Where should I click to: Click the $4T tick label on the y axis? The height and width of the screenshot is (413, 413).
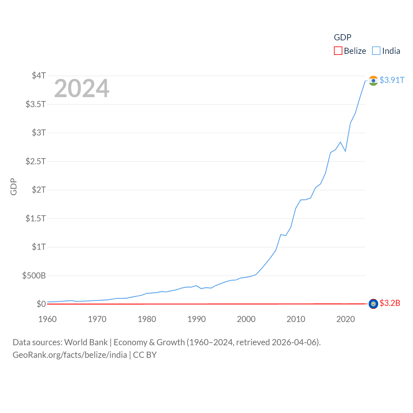pyautogui.click(x=39, y=76)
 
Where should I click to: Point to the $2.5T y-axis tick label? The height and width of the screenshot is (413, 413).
pyautogui.click(x=35, y=161)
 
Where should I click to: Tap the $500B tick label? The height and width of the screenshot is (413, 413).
pyautogui.click(x=34, y=276)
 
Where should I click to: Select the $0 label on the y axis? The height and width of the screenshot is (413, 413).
pyautogui.click(x=41, y=304)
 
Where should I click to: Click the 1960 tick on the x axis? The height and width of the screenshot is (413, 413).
pyautogui.click(x=47, y=319)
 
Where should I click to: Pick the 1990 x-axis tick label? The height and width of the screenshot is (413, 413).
pyautogui.click(x=196, y=319)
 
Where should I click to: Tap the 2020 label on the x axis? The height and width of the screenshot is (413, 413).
pyautogui.click(x=346, y=319)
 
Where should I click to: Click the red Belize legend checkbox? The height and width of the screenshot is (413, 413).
pyautogui.click(x=338, y=51)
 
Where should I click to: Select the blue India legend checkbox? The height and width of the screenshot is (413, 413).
pyautogui.click(x=376, y=51)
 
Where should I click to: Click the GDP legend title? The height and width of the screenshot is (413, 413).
pyautogui.click(x=342, y=37)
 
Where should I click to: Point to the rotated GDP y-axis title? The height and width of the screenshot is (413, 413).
pyautogui.click(x=14, y=186)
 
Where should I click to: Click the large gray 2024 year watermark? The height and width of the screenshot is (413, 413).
pyautogui.click(x=82, y=88)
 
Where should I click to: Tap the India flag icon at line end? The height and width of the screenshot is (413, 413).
pyautogui.click(x=373, y=81)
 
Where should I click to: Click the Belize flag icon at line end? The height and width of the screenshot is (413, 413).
pyautogui.click(x=373, y=304)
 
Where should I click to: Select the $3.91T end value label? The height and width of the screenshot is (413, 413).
pyautogui.click(x=392, y=80)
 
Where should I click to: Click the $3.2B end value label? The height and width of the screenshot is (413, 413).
pyautogui.click(x=390, y=303)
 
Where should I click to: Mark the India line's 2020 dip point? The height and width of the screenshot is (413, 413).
pyautogui.click(x=345, y=151)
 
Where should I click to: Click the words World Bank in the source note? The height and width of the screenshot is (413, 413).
pyautogui.click(x=86, y=342)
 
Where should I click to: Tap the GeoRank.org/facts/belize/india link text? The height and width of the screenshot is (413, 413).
pyautogui.click(x=70, y=355)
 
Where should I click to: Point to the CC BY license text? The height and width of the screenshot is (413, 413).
pyautogui.click(x=145, y=355)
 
